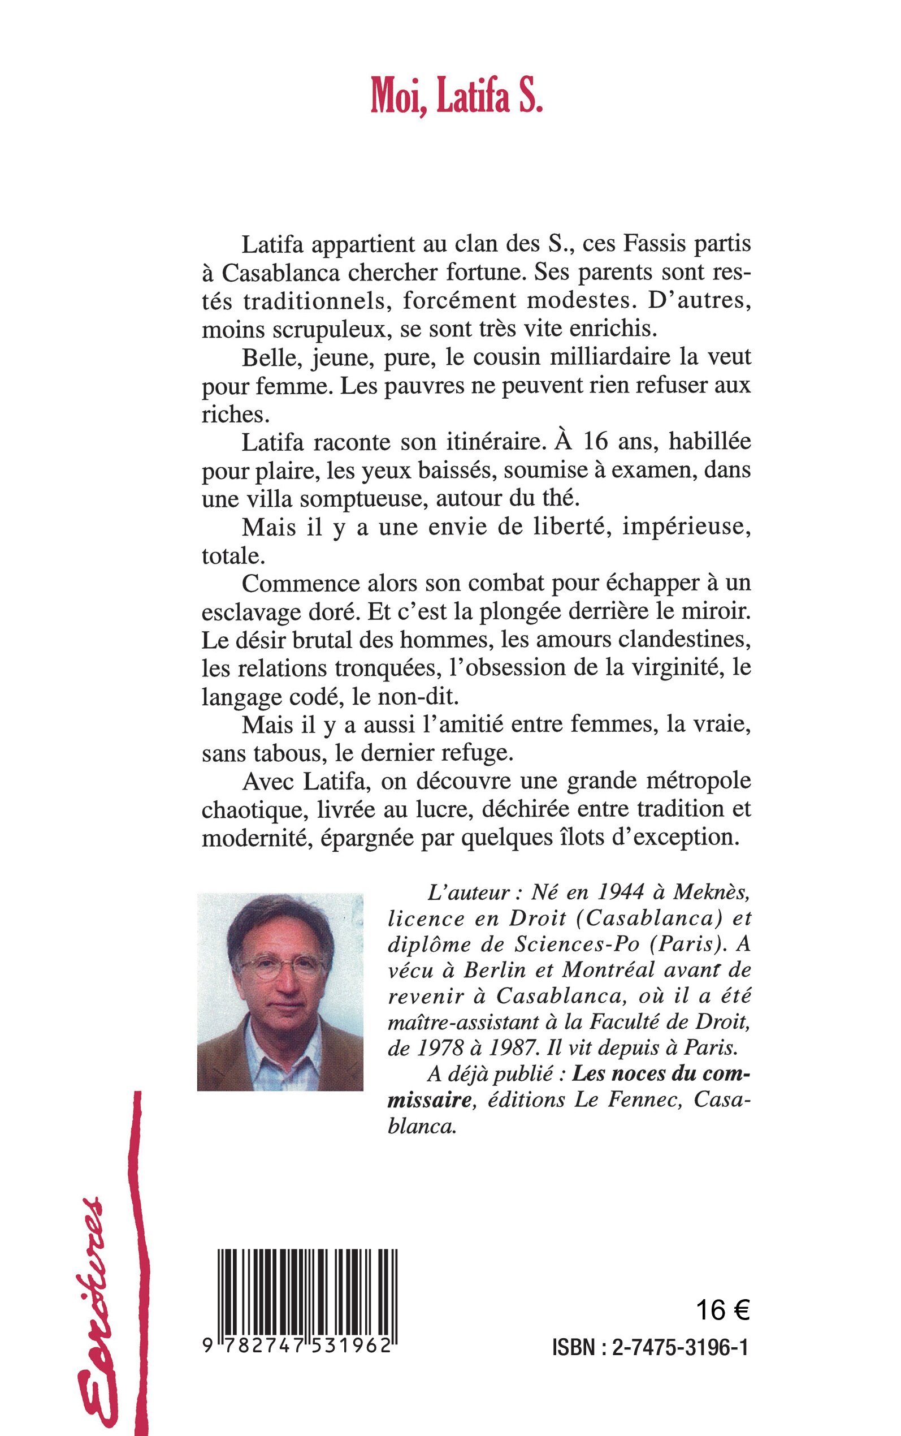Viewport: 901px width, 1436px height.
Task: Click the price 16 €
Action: (x=722, y=1311)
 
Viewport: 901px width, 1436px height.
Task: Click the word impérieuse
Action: (x=685, y=528)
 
